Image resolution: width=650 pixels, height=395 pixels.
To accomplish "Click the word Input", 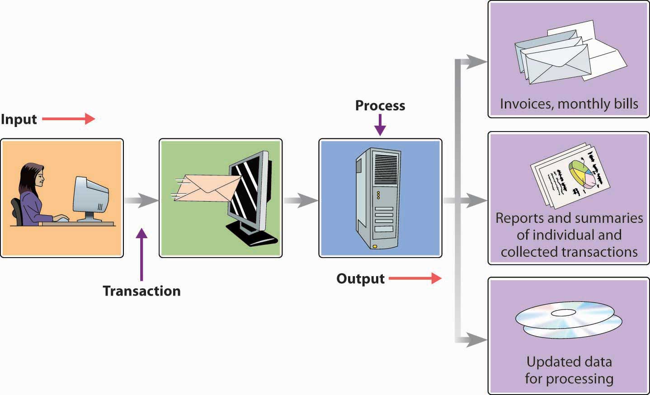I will point(19,119).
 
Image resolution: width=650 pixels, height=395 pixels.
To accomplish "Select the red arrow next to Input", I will point(69,119).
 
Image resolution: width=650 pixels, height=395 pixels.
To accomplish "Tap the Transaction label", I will point(141,291).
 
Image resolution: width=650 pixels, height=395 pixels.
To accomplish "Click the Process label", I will point(380,105).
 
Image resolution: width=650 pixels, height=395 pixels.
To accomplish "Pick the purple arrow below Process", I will point(380,125).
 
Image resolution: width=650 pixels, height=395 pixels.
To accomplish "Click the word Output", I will point(360,278).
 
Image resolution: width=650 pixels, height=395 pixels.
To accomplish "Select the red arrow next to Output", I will point(415,278).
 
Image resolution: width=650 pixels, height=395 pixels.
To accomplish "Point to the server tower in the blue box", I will point(378,198).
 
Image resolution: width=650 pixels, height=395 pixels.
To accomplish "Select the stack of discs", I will point(568,319).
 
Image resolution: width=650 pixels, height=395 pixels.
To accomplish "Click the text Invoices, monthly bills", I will point(569,104).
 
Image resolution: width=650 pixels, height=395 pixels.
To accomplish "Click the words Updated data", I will point(569,362).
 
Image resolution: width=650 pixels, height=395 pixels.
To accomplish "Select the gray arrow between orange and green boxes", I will point(141,200).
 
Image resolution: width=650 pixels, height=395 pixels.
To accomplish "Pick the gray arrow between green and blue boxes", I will point(301,200).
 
